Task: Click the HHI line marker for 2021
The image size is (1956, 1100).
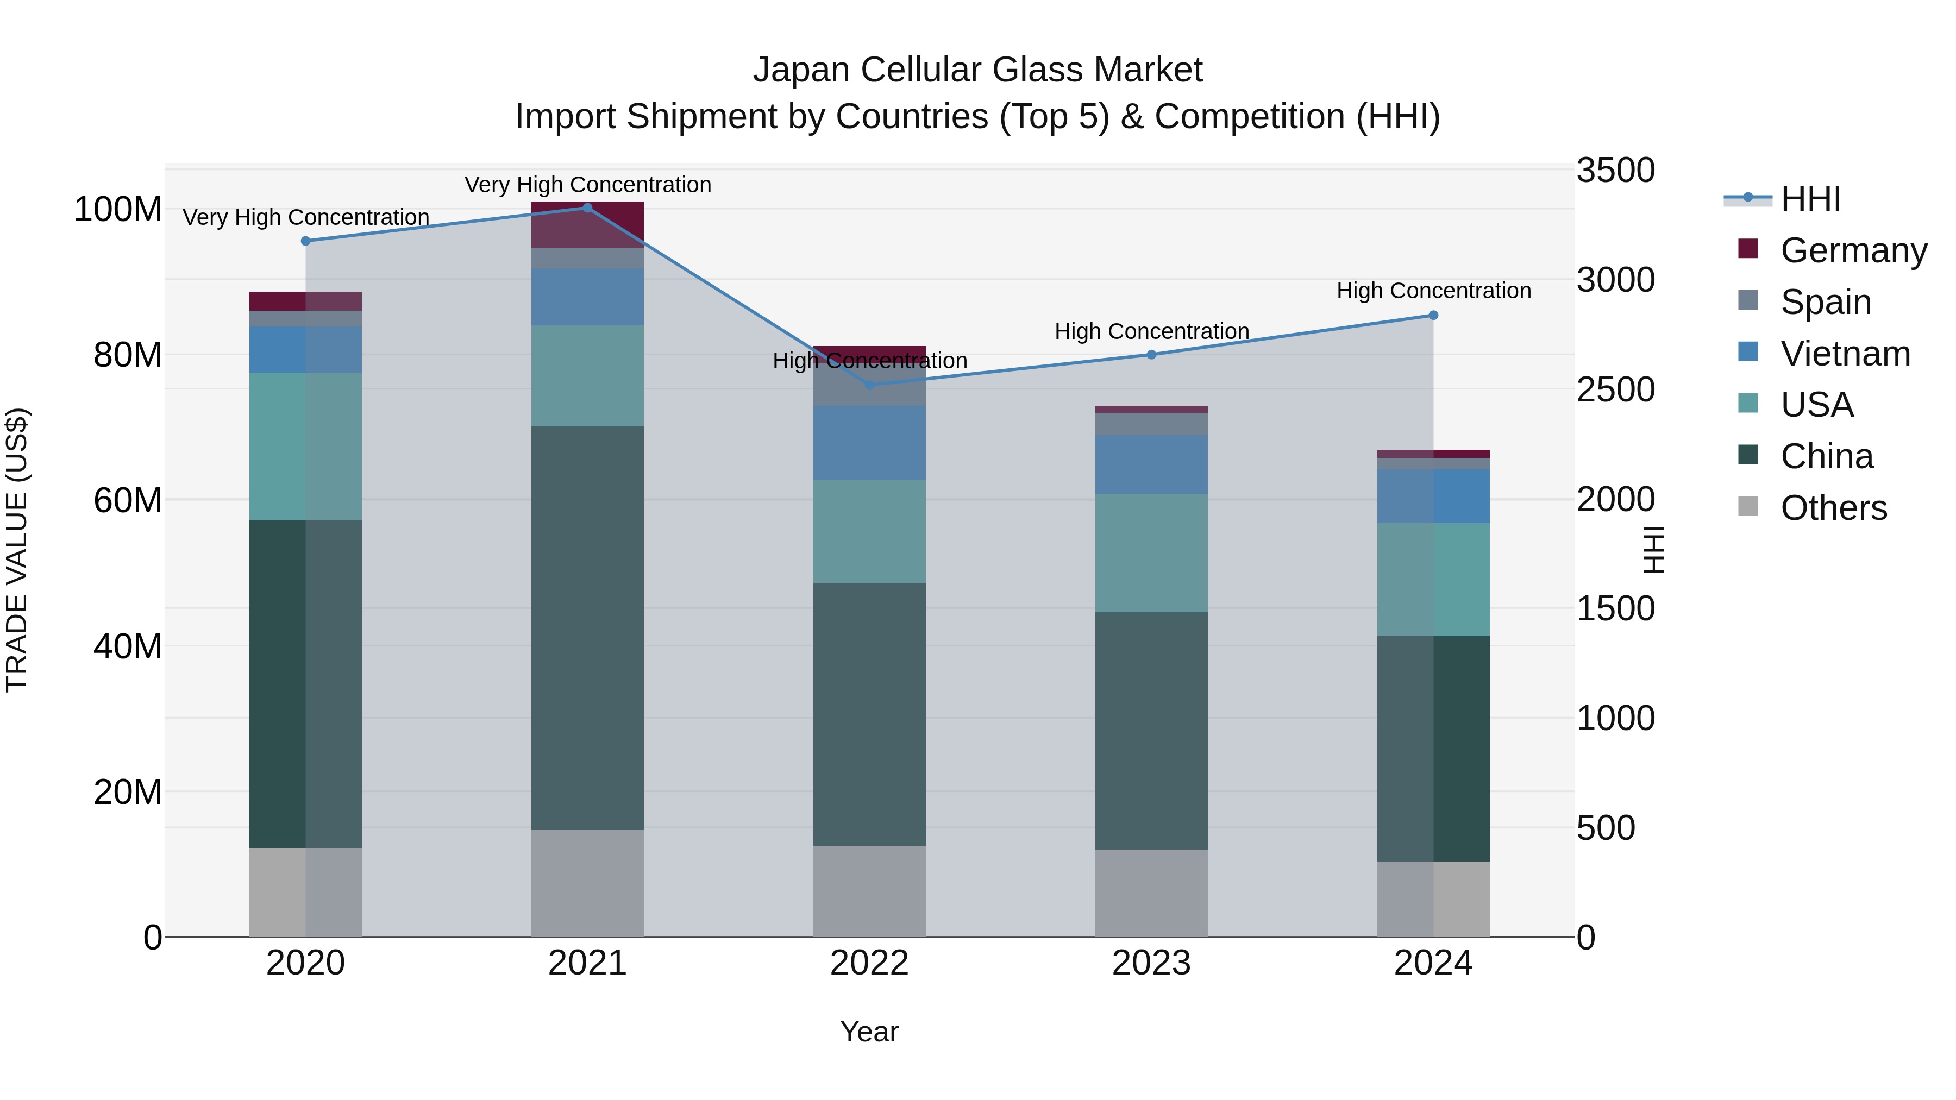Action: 587,208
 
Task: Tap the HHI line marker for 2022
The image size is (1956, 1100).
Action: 869,385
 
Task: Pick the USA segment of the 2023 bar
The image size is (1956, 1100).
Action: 1151,552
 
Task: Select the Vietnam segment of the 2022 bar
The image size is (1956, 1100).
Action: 869,443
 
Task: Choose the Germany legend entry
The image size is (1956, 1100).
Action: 1853,250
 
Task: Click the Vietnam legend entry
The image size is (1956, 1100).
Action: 1845,354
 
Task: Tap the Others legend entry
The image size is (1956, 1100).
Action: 1834,508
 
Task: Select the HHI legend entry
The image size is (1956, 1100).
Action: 1810,199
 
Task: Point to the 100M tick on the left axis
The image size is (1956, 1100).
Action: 118,210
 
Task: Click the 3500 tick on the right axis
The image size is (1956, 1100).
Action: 1615,170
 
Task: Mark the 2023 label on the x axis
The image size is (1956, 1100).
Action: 1151,963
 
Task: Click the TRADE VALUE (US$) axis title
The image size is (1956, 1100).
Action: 17,550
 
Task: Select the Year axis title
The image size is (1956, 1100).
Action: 869,1032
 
